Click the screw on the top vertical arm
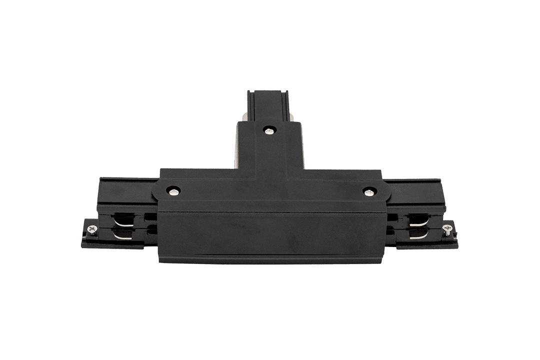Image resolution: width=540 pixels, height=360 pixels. coord(270,130)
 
